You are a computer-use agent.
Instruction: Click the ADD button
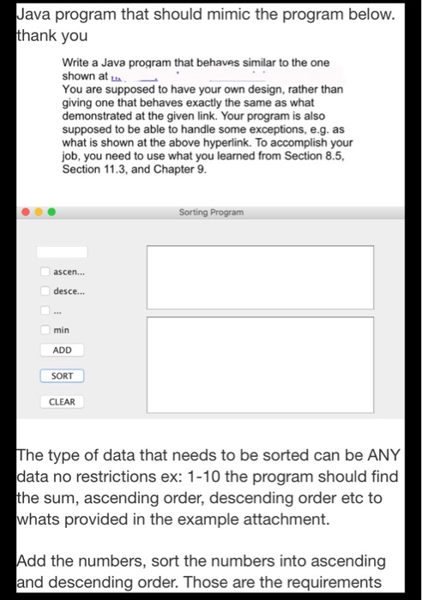[62, 350]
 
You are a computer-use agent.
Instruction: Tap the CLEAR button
[62, 401]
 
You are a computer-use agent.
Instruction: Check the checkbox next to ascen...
[45, 272]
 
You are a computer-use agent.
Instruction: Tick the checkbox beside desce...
[45, 291]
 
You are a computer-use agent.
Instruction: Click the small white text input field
[62, 252]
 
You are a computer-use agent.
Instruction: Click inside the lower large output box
[260, 352]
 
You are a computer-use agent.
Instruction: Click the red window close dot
[27, 211]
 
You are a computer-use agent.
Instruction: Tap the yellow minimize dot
[39, 211]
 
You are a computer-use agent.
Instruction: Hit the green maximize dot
[52, 211]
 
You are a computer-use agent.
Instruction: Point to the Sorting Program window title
[211, 211]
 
